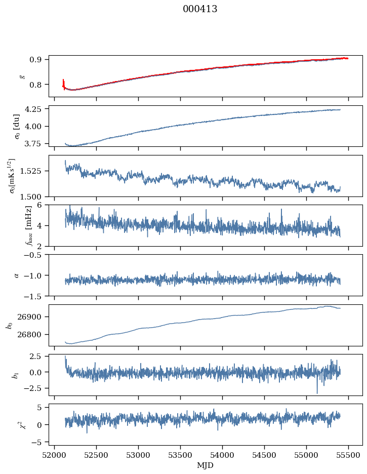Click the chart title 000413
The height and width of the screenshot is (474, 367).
pos(200,9)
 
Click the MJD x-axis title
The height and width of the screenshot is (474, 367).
pos(205,465)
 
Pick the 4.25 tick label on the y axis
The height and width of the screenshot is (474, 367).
pos(36,109)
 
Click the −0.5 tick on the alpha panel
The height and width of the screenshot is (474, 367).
pos(36,255)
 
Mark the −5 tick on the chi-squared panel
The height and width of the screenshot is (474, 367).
pos(39,442)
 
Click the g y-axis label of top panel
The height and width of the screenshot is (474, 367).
pos(21,76)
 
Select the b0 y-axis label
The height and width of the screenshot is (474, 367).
pos(9,325)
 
